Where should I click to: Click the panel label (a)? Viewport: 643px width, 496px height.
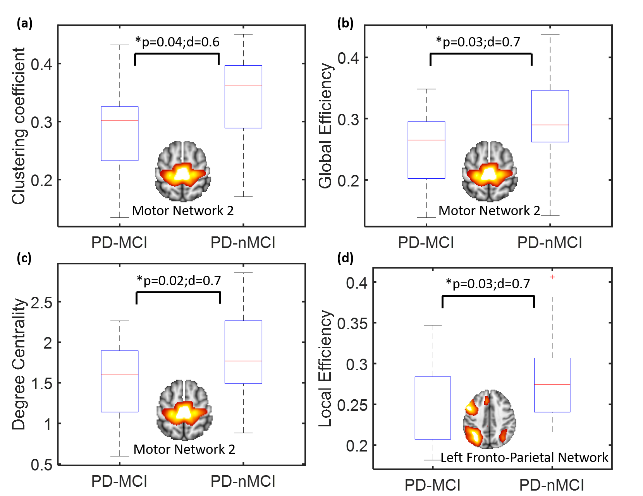tap(24, 24)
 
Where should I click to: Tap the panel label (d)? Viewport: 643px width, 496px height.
tap(345, 258)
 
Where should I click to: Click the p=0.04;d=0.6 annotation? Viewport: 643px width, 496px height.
tap(177, 42)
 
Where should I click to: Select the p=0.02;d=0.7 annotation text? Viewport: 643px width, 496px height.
tap(179, 280)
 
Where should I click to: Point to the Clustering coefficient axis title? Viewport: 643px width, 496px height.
tap(18, 126)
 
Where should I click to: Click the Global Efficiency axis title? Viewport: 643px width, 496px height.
tap(325, 126)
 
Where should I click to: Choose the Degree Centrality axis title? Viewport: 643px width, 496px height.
tap(18, 364)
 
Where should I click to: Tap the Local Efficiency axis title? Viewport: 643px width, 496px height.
tap(325, 368)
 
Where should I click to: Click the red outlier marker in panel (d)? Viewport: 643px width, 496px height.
tap(552, 277)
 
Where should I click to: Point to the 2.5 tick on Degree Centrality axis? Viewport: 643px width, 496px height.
tap(42, 303)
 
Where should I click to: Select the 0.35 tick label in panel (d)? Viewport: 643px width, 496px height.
tap(352, 323)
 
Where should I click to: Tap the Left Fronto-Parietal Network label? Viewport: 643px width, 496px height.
tap(524, 458)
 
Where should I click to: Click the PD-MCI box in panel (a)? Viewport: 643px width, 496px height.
tap(120, 133)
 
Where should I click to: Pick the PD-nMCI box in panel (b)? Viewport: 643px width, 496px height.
tap(550, 116)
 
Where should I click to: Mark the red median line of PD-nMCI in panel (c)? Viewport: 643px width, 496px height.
tap(243, 361)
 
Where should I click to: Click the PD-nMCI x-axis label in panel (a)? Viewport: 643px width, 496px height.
tap(243, 243)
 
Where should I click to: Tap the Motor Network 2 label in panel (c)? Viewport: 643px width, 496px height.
tap(184, 449)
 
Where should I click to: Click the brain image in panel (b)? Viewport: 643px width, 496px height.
tap(490, 171)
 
